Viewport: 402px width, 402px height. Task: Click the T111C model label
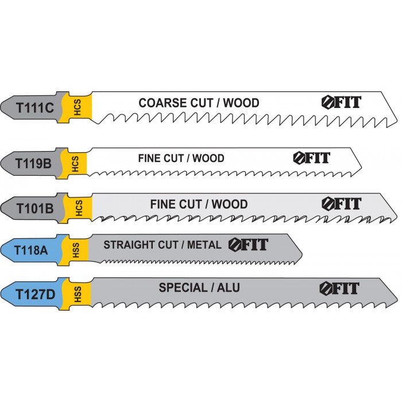pos(35,106)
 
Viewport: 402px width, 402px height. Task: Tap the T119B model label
pos(34,163)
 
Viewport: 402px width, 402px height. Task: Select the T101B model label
pos(34,208)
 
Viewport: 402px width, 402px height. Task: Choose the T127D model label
pos(35,294)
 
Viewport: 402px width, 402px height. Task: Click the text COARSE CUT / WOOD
pos(199,103)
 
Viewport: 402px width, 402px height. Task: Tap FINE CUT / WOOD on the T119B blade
pos(181,158)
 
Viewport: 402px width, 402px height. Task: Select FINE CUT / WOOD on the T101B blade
pos(199,204)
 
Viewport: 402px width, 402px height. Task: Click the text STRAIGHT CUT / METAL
pos(162,245)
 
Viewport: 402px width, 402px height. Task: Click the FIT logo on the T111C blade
pos(341,103)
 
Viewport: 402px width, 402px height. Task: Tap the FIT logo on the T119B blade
pos(312,157)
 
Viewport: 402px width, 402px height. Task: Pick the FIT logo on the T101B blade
pos(341,203)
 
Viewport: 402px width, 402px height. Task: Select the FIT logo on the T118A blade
pos(248,245)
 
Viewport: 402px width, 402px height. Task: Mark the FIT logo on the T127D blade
pos(340,288)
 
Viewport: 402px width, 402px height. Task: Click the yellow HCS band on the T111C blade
pos(76,107)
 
